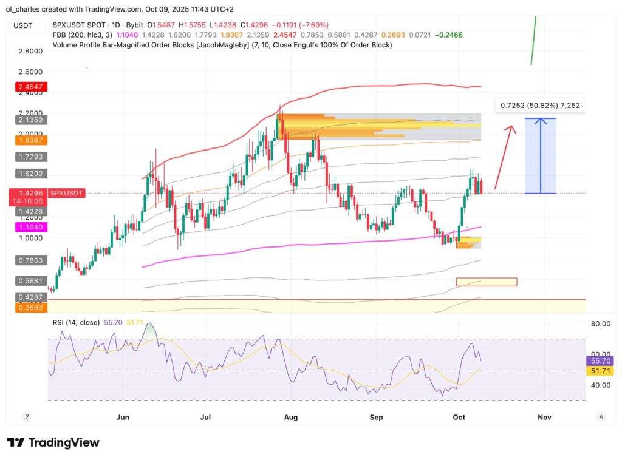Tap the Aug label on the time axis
[291, 417]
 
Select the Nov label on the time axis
[544, 417]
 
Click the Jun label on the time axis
[123, 417]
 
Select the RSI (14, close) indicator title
[76, 323]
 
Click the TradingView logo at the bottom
[53, 442]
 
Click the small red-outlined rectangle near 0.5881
[486, 282]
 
